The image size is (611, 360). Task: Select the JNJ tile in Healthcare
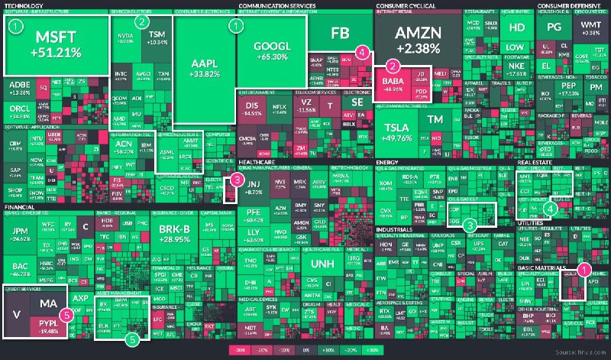point(255,186)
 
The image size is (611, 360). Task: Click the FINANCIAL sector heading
point(21,207)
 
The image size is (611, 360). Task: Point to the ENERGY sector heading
point(389,163)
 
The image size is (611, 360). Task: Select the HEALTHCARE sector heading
point(257,162)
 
